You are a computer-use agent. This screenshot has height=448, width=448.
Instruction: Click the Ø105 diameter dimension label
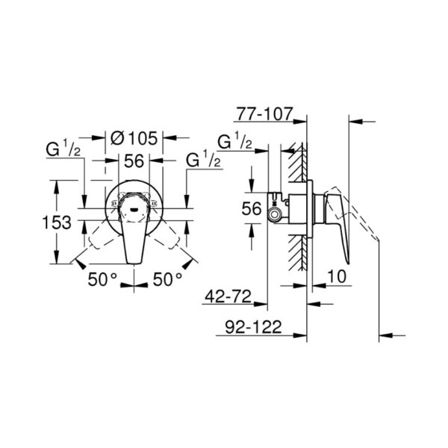point(134,138)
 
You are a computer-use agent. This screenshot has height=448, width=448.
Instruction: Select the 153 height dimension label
point(57,223)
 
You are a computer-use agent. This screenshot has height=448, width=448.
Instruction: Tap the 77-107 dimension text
point(265,114)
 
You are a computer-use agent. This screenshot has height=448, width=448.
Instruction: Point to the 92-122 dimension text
point(253,327)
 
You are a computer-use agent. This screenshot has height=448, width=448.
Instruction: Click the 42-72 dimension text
point(228,296)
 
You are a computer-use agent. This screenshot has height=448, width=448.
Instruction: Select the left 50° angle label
point(102,279)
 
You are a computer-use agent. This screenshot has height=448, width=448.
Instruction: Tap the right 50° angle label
point(167,279)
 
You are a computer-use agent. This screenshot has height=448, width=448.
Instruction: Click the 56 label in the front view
point(134,161)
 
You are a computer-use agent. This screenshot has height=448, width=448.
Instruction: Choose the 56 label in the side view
point(252,208)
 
